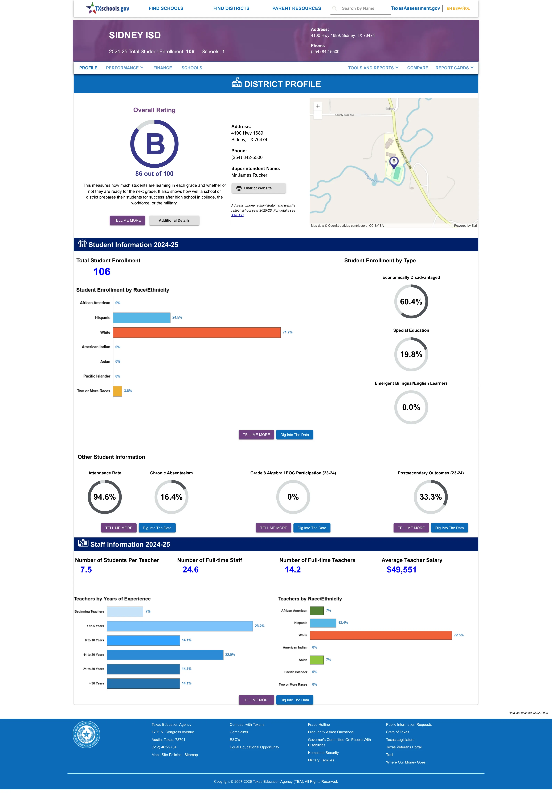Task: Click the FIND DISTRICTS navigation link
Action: (x=231, y=8)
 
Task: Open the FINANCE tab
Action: (x=163, y=68)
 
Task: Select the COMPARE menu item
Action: (x=418, y=68)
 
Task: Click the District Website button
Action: (x=258, y=188)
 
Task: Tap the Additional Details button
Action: (x=174, y=220)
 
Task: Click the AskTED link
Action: (x=237, y=215)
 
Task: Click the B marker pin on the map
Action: (x=394, y=162)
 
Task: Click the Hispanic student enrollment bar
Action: (x=142, y=318)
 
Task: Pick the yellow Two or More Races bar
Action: (x=118, y=391)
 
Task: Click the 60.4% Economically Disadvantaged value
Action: (x=411, y=302)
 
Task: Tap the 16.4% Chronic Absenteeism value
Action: (x=171, y=497)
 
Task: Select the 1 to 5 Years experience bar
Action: (x=180, y=626)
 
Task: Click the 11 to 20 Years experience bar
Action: (x=165, y=654)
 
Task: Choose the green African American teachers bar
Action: (x=317, y=611)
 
